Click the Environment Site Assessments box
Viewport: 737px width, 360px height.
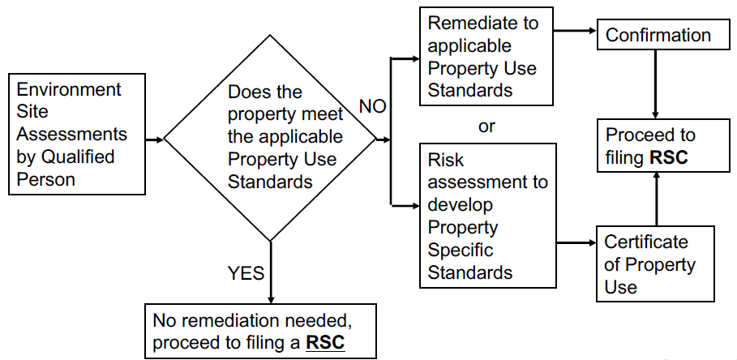coord(77,134)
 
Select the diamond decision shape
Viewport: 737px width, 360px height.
coord(270,138)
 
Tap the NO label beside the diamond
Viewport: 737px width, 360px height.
coord(372,107)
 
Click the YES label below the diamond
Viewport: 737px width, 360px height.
coord(246,273)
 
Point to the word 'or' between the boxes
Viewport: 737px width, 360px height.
coord(486,126)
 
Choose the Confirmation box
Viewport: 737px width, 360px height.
coord(658,36)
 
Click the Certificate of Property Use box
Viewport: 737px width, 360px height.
coord(656,264)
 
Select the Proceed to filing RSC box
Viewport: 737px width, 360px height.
coord(656,146)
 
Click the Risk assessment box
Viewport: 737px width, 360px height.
coord(488,215)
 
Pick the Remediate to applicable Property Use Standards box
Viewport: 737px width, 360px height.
coord(488,57)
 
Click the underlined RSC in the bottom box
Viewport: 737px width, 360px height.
coord(324,343)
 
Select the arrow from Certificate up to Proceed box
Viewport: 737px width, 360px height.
coord(655,199)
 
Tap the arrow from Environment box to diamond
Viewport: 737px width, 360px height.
coord(154,139)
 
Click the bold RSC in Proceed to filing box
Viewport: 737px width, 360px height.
coord(669,156)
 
